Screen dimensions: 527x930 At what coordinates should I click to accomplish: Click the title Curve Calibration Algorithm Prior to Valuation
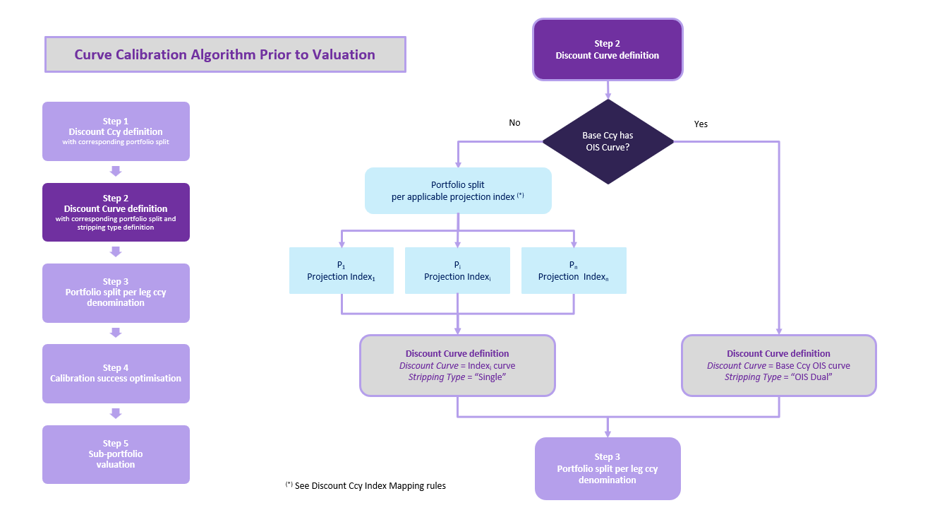[x=225, y=54]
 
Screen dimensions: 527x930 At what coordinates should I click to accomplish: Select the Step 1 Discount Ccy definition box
[x=116, y=131]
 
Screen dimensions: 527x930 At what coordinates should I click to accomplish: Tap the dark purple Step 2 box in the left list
[x=116, y=212]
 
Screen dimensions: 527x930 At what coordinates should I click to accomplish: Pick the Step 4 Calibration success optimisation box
[x=116, y=373]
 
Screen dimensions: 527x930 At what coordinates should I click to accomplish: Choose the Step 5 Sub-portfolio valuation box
[x=116, y=454]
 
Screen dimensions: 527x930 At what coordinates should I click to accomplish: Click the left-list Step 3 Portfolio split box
[x=116, y=292]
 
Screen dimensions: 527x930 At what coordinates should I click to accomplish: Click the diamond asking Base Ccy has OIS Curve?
[x=608, y=141]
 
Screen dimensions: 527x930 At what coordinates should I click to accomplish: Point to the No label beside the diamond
[x=514, y=123]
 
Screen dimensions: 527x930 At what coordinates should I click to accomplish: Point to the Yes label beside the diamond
[x=701, y=124]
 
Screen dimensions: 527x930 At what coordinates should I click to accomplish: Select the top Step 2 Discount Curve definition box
[x=608, y=49]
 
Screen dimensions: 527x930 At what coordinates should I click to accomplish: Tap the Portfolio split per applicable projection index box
[x=457, y=191]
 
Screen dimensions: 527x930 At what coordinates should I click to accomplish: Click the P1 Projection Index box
[x=341, y=271]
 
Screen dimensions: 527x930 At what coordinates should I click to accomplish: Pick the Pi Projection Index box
[x=457, y=271]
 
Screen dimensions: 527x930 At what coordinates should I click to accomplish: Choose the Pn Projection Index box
[x=573, y=271]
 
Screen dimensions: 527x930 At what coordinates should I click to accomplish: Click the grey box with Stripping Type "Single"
[x=457, y=365]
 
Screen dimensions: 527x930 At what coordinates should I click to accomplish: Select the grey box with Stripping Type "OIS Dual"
[x=778, y=365]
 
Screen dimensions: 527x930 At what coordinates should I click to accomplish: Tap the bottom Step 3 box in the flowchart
[x=608, y=468]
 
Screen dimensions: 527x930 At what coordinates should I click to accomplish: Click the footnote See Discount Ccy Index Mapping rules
[x=366, y=486]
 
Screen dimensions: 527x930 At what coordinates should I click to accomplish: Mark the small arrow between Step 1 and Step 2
[x=116, y=172]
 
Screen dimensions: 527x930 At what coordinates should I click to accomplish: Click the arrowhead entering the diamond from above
[x=608, y=95]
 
